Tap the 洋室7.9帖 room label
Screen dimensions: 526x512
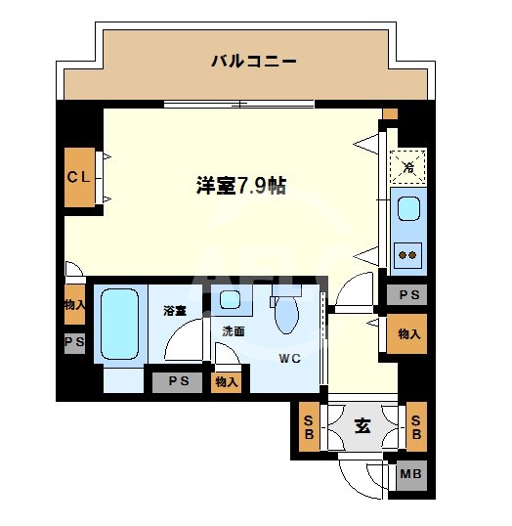coord(241,186)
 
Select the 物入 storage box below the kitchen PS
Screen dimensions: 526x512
coord(408,333)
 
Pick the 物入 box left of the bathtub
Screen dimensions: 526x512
coord(74,304)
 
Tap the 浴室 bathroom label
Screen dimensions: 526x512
coord(175,310)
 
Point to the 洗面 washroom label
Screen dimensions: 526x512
coord(233,331)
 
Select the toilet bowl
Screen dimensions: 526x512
coord(288,313)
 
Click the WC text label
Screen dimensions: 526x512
coord(290,358)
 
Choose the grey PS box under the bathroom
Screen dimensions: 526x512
coord(178,381)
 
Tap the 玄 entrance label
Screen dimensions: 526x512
coord(362,426)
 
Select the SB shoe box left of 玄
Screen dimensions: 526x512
coord(308,426)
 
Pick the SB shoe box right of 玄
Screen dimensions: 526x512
coord(415,426)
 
